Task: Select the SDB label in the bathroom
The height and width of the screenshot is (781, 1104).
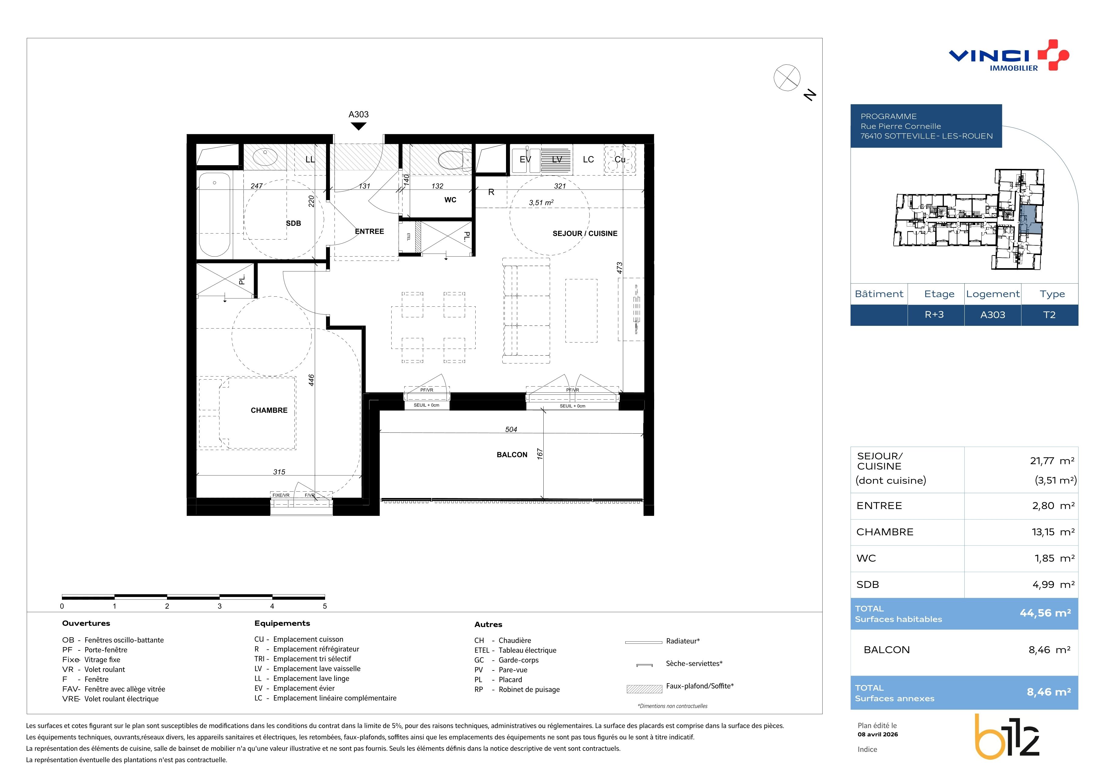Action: click(x=293, y=223)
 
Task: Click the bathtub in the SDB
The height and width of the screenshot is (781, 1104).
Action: click(x=214, y=214)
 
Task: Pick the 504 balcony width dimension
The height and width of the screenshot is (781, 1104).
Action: click(x=511, y=429)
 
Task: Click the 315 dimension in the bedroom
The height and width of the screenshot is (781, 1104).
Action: click(x=279, y=472)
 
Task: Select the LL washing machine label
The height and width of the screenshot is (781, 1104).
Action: click(x=310, y=159)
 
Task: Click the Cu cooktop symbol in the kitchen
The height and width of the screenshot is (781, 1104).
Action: click(x=620, y=159)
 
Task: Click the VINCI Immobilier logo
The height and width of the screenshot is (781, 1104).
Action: click(x=1009, y=55)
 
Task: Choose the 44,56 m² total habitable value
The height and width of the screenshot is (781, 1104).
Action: click(x=1045, y=613)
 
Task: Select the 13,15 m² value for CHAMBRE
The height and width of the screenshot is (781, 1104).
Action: click(x=1053, y=532)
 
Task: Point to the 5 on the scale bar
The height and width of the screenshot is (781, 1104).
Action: click(x=325, y=606)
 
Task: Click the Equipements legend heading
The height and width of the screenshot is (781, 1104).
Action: click(x=282, y=623)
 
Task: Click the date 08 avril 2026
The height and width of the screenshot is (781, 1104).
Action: click(x=878, y=734)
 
